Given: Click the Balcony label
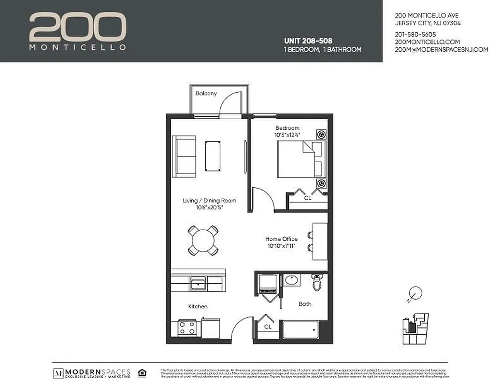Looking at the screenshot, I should [x=206, y=93].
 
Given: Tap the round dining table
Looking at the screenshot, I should [x=203, y=240].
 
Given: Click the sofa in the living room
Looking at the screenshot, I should [x=184, y=156].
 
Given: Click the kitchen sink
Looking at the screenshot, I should [x=198, y=283].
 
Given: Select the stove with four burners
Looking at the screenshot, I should [x=187, y=328].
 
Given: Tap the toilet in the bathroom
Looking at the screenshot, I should [x=317, y=282].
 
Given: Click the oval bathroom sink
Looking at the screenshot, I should [x=291, y=280].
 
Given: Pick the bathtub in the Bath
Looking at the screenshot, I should [x=300, y=330].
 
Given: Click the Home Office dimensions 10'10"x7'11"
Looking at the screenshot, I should [x=281, y=246].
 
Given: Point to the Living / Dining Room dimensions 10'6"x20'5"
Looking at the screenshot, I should [x=209, y=208].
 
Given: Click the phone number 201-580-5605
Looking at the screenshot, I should [x=415, y=34].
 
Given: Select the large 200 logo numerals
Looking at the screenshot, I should [x=77, y=27].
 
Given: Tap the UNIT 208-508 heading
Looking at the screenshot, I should [x=308, y=41].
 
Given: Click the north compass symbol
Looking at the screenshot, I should [x=414, y=293].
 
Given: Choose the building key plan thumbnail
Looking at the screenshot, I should [x=415, y=329].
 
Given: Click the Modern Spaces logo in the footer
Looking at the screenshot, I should [x=92, y=373].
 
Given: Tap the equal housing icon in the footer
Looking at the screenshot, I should [x=142, y=372].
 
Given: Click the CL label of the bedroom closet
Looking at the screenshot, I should [x=307, y=198].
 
